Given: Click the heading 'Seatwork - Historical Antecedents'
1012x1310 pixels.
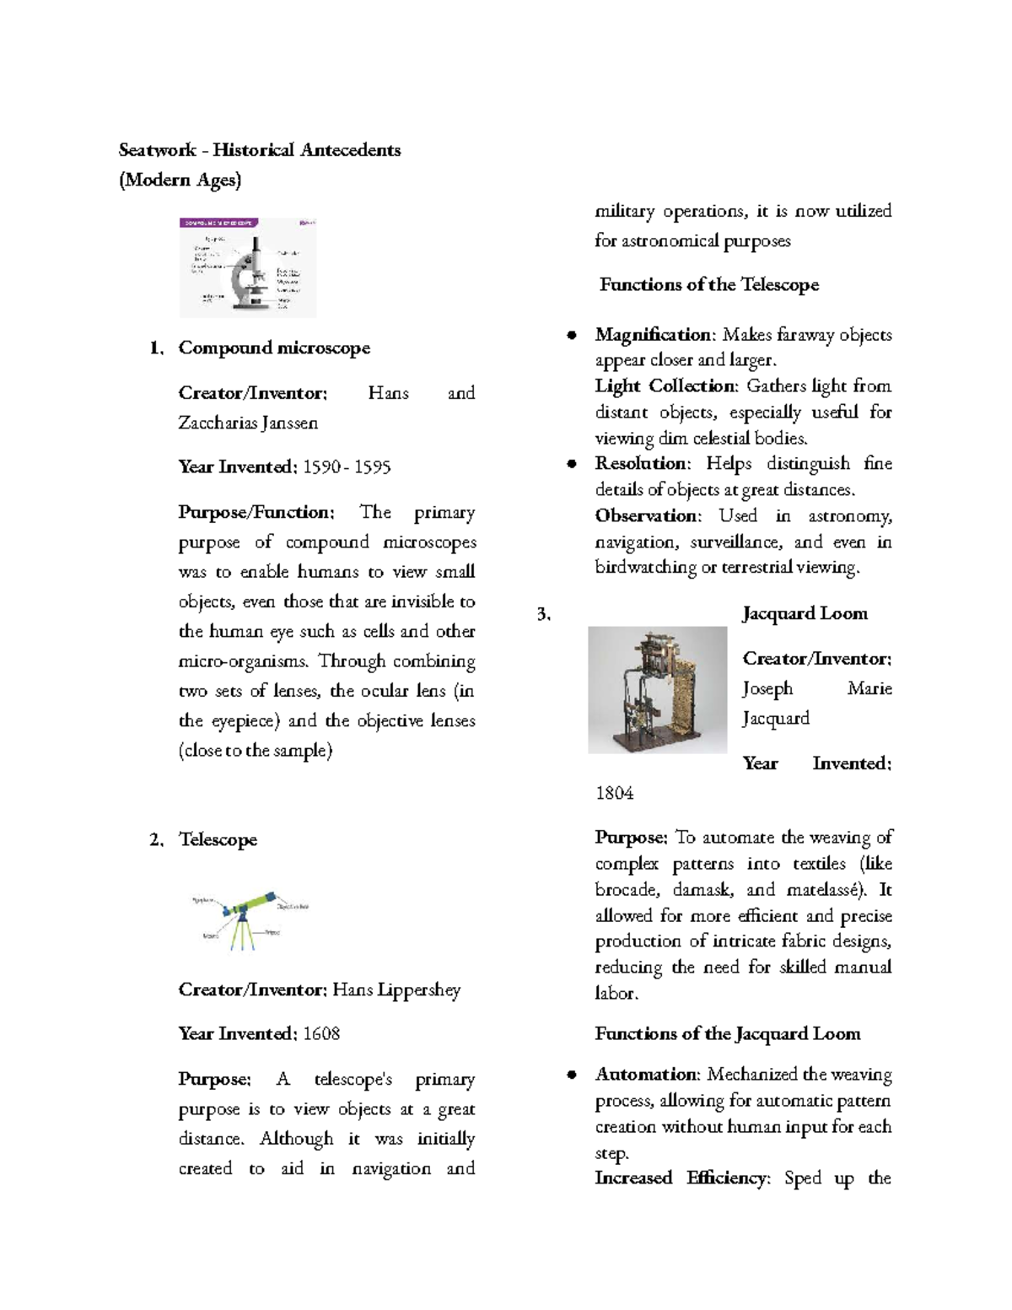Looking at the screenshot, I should tap(260, 150).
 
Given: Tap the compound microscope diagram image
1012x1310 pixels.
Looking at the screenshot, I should tap(248, 267).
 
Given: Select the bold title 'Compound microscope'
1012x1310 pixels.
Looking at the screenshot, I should tap(274, 348).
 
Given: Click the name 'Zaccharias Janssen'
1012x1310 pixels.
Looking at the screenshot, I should tap(248, 423).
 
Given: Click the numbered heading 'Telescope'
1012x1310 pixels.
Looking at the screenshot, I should tap(218, 839).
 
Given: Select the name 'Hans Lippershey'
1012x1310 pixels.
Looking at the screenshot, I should tap(396, 989).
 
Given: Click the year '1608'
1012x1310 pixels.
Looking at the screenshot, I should tap(321, 1034).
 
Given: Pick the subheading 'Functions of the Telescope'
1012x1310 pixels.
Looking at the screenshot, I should tap(708, 284).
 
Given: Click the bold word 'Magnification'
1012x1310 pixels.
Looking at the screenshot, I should tap(653, 335).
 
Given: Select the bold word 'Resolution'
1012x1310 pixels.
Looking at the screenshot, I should tap(642, 463).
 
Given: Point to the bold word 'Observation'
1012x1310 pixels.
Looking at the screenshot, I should tap(647, 515).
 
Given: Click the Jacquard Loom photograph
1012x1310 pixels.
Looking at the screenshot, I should tap(657, 689).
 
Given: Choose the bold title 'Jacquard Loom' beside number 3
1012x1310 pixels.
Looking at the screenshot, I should tap(805, 613).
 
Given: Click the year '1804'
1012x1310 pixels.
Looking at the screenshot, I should tap(614, 793).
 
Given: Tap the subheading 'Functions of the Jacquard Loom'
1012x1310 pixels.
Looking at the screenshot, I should tap(728, 1033).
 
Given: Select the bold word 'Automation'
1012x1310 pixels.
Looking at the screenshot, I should tap(646, 1075).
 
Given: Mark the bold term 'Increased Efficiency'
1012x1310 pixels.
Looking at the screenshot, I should tap(682, 1178).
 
